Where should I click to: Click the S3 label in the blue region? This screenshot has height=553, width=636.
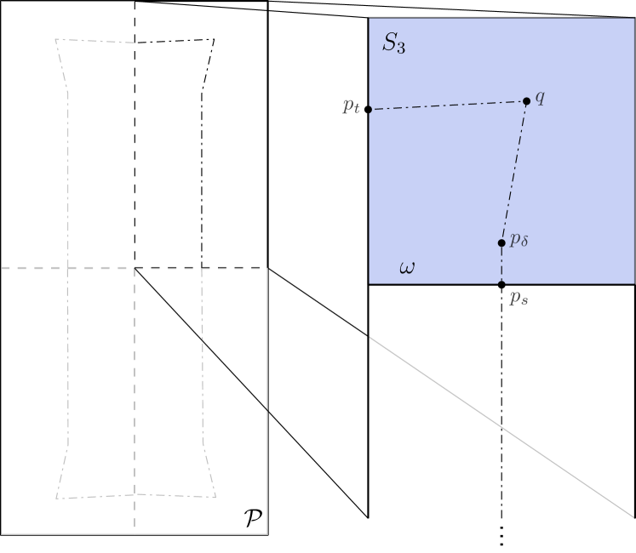coord(393,45)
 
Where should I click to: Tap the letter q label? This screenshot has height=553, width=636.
coord(540,97)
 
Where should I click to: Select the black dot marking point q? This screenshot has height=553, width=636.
coord(526,101)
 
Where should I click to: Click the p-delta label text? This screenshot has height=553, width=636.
coord(519,242)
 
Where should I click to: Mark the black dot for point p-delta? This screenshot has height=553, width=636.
coord(501,243)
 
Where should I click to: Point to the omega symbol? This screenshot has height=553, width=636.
coord(407,268)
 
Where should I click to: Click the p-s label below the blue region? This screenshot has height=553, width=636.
coord(519,299)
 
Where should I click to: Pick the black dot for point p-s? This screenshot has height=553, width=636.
coord(501,284)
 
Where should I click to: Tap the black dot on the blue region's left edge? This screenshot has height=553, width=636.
coord(369,110)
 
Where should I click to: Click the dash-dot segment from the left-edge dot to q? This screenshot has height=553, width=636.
coord(447,105)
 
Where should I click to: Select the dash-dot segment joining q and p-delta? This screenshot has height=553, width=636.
coord(514,170)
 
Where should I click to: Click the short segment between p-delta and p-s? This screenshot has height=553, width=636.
coord(501,264)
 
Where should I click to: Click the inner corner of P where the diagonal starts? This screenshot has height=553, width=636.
coord(135,268)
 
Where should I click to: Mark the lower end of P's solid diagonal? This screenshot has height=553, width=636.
coord(267,411)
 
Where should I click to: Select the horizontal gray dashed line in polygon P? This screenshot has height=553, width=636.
coord(68,268)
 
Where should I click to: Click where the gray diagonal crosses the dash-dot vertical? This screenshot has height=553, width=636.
coord(501,427)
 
